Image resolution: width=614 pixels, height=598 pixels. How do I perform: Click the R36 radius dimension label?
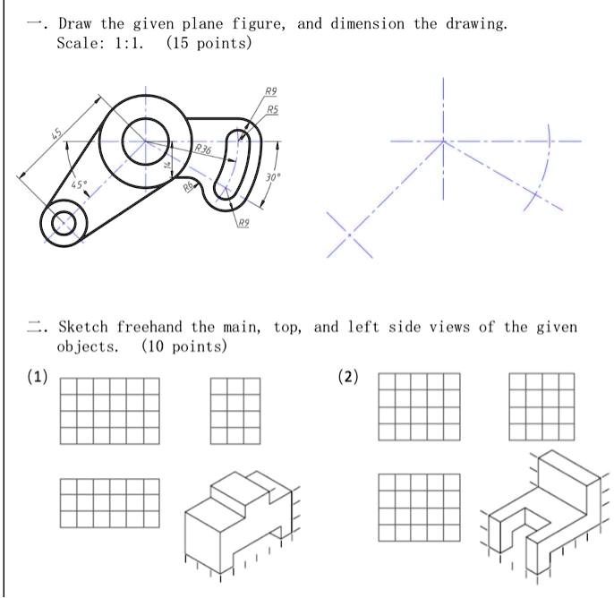point(203,149)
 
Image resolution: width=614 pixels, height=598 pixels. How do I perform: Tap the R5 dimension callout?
point(271,109)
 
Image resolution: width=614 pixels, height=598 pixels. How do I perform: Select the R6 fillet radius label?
point(188,186)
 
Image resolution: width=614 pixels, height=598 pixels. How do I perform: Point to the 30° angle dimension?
point(272,177)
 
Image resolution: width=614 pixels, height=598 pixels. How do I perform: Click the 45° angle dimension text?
point(80,184)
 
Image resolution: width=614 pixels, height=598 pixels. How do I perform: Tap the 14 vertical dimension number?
point(166,164)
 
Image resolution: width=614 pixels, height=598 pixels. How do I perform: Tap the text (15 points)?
point(209,44)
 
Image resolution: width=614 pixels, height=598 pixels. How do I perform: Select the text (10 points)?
point(184,346)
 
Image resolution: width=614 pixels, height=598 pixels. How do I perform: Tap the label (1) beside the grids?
point(37,377)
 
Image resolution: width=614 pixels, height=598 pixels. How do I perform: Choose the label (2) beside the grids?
point(348,377)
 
